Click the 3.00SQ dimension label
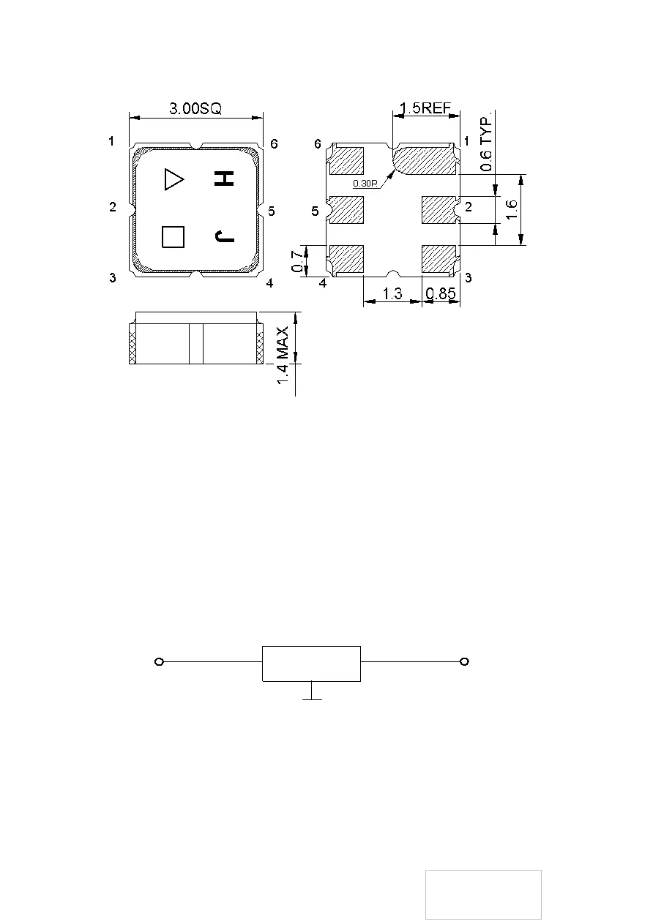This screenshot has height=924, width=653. coord(195,108)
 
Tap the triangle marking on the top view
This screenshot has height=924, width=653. coord(173,179)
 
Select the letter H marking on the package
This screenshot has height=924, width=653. coord(224,179)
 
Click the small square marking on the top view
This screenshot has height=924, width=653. coord(173,237)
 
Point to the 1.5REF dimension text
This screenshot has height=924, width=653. coord(425,108)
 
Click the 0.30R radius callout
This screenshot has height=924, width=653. coord(365,184)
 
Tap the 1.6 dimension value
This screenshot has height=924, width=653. coord(511,209)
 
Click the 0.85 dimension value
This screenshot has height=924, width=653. coord(441,293)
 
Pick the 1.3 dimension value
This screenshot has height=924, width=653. coord(392,293)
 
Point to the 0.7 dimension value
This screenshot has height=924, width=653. coord(298,261)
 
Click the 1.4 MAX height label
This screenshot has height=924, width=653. coord(283,356)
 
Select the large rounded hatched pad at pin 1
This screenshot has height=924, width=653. coord(425,160)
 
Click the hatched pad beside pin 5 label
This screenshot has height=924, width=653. coord(347,210)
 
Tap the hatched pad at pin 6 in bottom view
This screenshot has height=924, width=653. coord(347,160)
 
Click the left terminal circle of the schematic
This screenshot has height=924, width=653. coord(159,662)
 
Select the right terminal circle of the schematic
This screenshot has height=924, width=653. coord(464,662)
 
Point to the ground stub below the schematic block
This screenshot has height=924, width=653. coord(312,691)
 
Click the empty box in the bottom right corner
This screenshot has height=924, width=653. coord(483,895)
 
